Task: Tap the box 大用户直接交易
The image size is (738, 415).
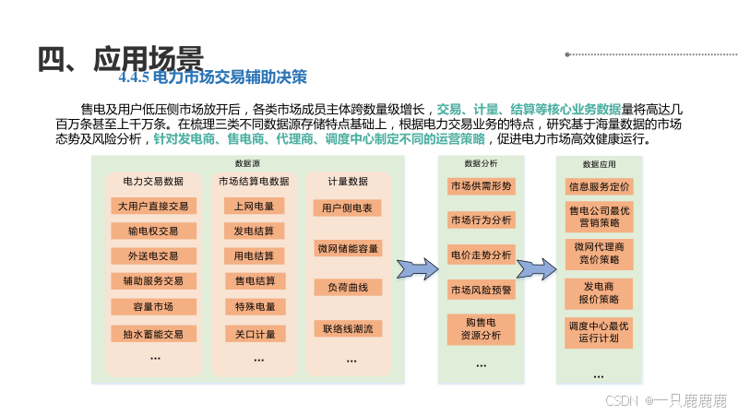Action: [x=154, y=206]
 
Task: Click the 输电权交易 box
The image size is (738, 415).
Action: [x=154, y=231]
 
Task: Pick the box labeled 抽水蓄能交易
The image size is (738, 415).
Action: [x=154, y=333]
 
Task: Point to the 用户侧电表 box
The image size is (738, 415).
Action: [x=348, y=208]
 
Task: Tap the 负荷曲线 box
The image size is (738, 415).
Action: [x=348, y=288]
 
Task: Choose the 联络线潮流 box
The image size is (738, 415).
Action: [x=348, y=328]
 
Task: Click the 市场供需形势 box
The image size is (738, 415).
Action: [x=481, y=185]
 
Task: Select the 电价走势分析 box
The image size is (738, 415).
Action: [x=481, y=255]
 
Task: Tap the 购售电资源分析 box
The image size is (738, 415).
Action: [x=481, y=328]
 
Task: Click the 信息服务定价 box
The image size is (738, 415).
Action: [x=599, y=185]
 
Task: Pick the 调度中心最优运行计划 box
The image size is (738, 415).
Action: [x=599, y=332]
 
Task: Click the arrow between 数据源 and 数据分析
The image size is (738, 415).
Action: [x=417, y=268]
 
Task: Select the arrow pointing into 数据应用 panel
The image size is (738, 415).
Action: [x=536, y=268]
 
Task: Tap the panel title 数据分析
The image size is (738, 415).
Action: [x=481, y=163]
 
